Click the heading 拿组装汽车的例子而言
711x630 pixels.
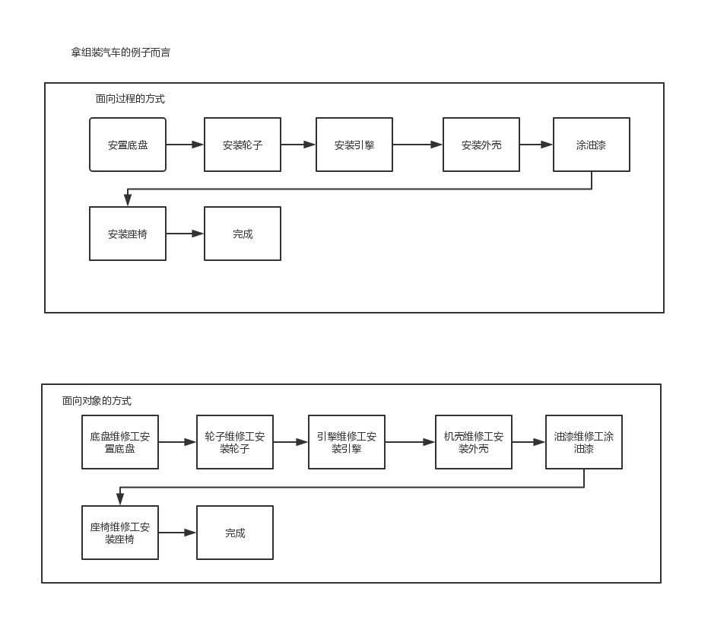121,52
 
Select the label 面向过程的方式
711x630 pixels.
130,99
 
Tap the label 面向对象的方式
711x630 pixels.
97,401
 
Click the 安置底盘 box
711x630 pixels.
128,145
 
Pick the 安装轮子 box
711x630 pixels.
243,145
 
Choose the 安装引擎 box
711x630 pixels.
354,145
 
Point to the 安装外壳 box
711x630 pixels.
481,145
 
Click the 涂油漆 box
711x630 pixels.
592,145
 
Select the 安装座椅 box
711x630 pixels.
128,234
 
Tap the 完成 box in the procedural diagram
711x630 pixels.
243,234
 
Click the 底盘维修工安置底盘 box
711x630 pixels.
120,442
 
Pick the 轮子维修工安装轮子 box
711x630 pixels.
235,442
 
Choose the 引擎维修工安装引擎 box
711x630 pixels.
347,442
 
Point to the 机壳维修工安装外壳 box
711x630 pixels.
474,442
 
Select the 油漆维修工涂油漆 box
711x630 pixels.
584,442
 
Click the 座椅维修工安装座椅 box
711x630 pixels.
120,533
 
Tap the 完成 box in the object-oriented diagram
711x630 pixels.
235,533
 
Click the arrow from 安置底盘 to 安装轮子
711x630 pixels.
185,145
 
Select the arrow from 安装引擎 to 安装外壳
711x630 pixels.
417,145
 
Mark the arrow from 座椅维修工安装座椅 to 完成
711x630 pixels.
177,533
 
